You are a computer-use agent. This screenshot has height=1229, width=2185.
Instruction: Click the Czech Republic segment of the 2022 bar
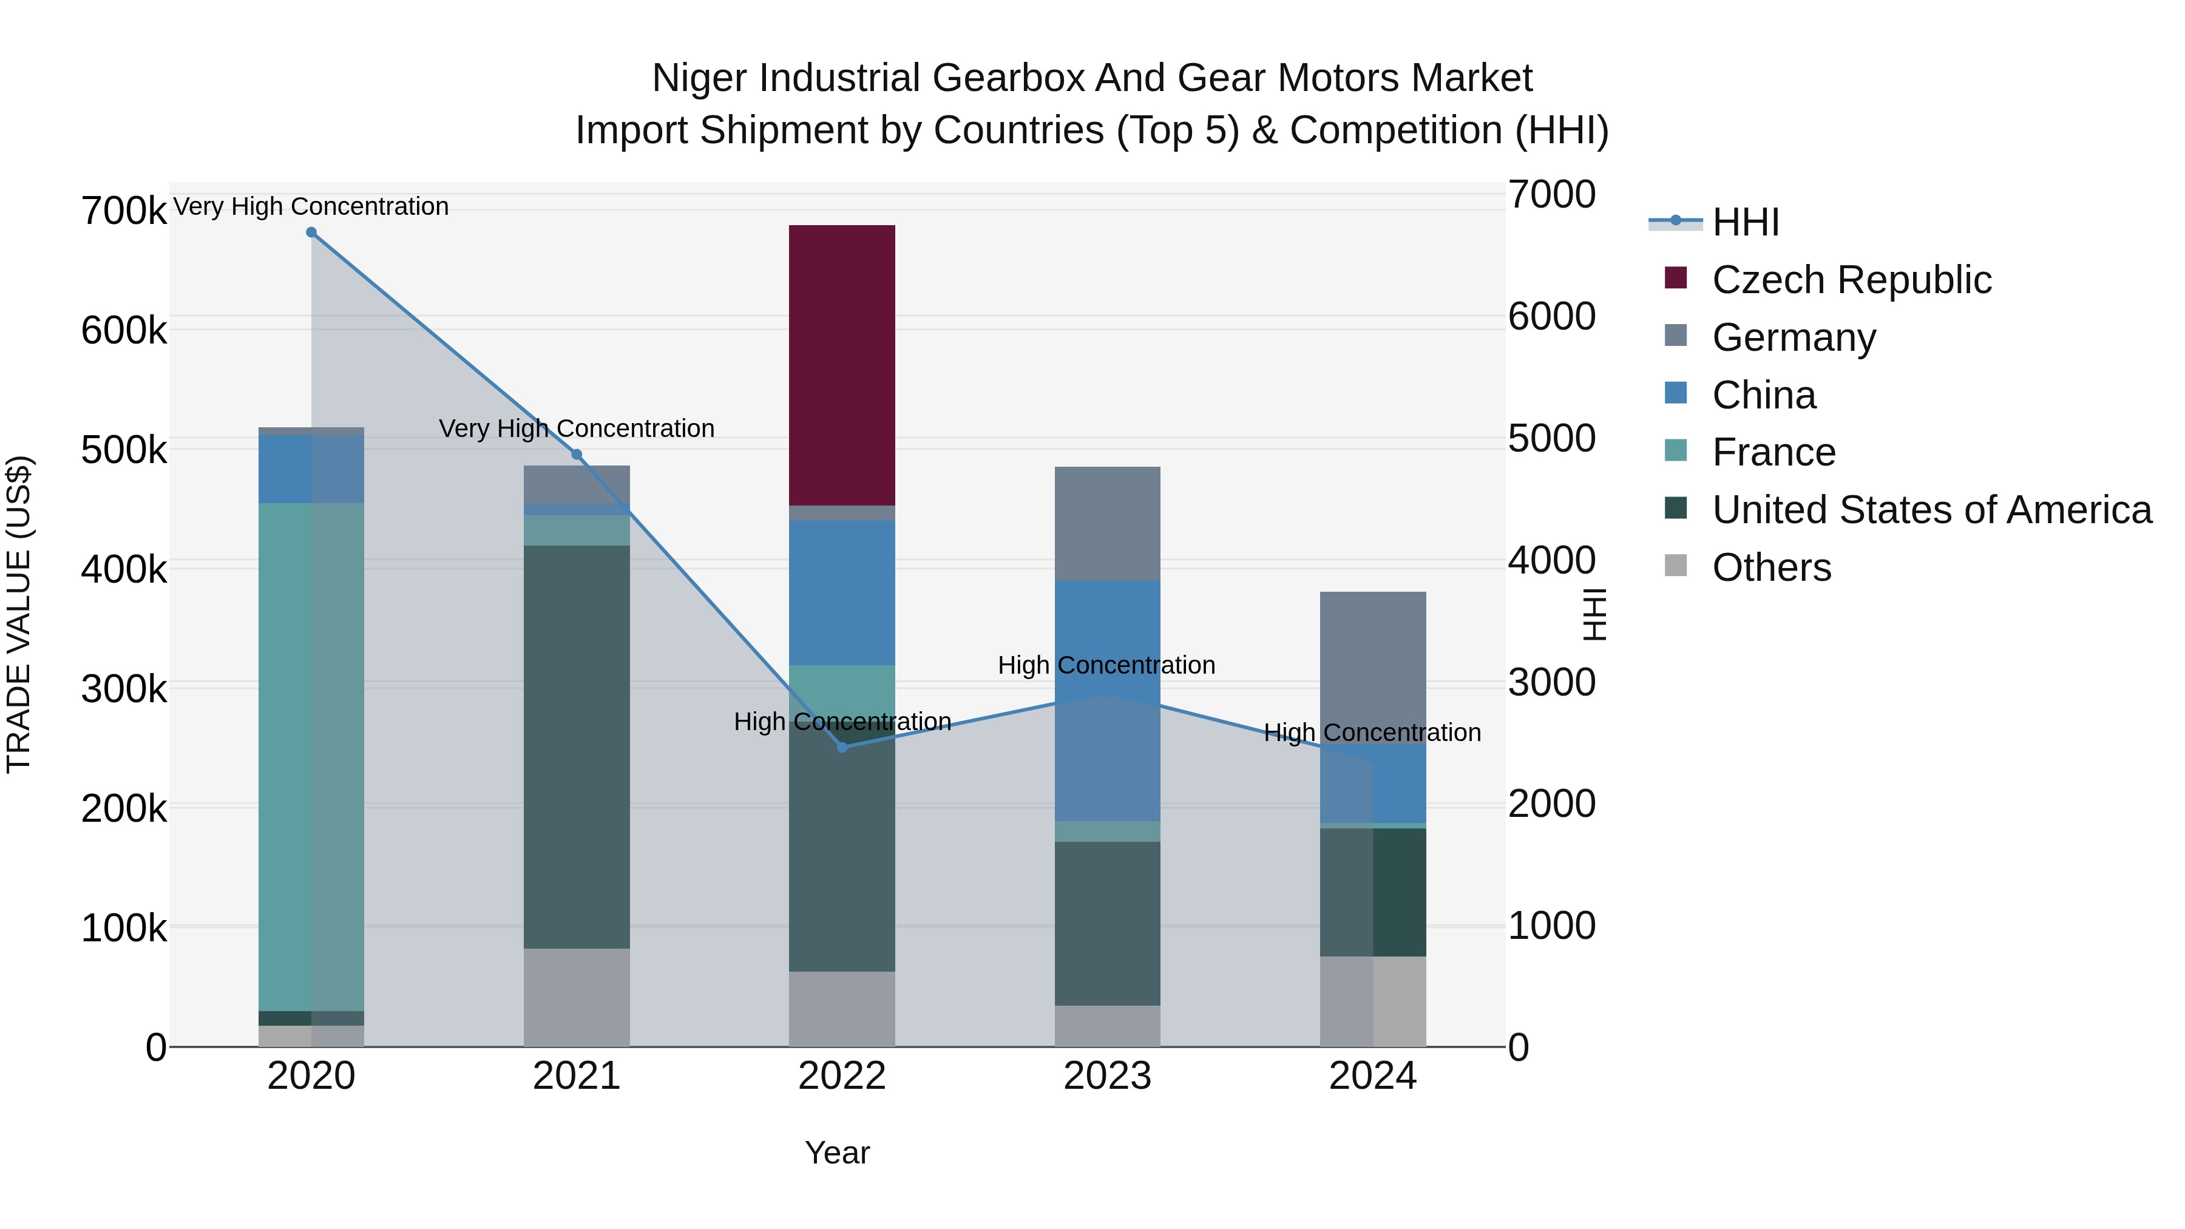(841, 365)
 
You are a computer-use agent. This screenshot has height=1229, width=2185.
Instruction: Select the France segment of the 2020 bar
(310, 755)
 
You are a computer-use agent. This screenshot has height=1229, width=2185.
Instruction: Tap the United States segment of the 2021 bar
(576, 747)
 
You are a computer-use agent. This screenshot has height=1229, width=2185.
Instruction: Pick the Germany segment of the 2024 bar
(1372, 666)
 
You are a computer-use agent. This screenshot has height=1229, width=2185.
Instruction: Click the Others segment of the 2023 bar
(1107, 1026)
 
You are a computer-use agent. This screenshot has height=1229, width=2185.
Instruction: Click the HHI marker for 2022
(841, 747)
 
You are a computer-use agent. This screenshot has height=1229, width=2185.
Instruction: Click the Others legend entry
(1771, 567)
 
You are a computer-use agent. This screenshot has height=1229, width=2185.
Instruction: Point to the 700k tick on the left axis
(124, 211)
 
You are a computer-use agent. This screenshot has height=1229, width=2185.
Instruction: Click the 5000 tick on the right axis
(1551, 439)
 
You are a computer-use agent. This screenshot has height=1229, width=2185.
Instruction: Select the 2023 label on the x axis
(1107, 1076)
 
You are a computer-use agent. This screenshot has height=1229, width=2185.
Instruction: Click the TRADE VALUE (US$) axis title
(19, 614)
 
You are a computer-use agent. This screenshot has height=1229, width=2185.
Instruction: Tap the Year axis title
(836, 1153)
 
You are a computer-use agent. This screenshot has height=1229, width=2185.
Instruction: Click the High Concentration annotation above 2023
(1106, 665)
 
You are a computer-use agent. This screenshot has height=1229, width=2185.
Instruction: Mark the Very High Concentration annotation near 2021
(576, 428)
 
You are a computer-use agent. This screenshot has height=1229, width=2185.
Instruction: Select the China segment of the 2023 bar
(1107, 700)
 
